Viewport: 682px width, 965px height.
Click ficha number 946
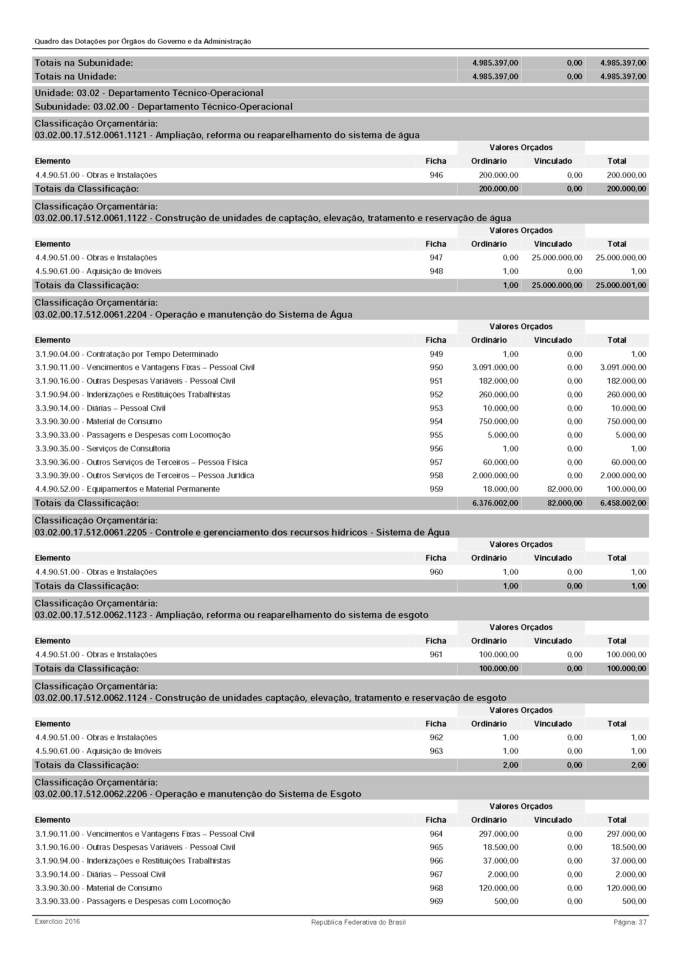(x=436, y=175)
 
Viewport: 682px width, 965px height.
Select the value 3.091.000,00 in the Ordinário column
(x=495, y=367)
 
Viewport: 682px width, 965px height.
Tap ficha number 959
(x=436, y=489)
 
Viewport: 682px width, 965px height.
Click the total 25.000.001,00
(x=621, y=285)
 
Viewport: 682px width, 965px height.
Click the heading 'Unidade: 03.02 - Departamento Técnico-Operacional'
(x=149, y=93)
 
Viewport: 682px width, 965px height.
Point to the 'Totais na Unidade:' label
(x=76, y=76)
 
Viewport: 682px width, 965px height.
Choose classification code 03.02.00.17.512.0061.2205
(x=91, y=533)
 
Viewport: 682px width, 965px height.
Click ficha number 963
(x=436, y=751)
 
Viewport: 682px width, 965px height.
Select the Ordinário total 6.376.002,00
(x=495, y=503)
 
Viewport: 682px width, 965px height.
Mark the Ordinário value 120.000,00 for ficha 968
(x=498, y=888)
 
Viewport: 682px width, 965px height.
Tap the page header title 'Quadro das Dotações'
(x=143, y=42)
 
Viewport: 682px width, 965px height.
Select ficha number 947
(x=436, y=257)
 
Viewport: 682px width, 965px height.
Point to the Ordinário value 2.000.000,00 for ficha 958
(x=495, y=475)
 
